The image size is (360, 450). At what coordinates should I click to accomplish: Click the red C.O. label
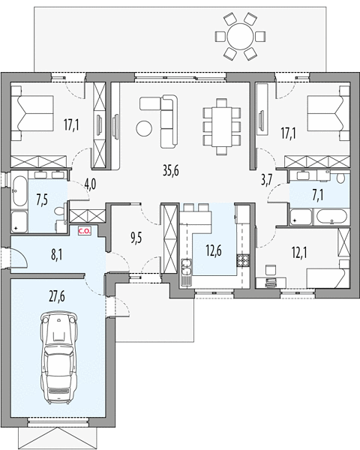tap(85, 231)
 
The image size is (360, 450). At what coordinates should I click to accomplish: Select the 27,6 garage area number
tap(56, 296)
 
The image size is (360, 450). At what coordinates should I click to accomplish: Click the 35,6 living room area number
tap(171, 171)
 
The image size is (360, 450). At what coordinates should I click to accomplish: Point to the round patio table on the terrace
tap(240, 37)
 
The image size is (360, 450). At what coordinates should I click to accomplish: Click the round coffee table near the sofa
tap(144, 128)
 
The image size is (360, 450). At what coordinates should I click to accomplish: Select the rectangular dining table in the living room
tap(221, 126)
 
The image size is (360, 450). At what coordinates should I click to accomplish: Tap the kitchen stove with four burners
tap(242, 260)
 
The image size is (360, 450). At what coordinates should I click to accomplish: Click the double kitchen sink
tap(187, 267)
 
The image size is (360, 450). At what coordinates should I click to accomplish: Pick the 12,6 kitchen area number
tap(214, 250)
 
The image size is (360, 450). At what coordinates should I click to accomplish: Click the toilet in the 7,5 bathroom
tap(59, 211)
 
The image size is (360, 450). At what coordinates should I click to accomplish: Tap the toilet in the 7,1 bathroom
tap(340, 178)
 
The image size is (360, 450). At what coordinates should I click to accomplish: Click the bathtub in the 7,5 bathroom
tap(19, 190)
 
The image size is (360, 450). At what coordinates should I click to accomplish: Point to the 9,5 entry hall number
tap(136, 238)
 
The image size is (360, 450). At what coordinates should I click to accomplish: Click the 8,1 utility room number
tap(56, 255)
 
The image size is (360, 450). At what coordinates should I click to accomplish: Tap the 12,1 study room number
tap(299, 253)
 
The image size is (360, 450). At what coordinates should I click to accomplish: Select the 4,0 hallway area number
tap(90, 184)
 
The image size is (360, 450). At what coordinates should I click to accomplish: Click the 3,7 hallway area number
tap(267, 181)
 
